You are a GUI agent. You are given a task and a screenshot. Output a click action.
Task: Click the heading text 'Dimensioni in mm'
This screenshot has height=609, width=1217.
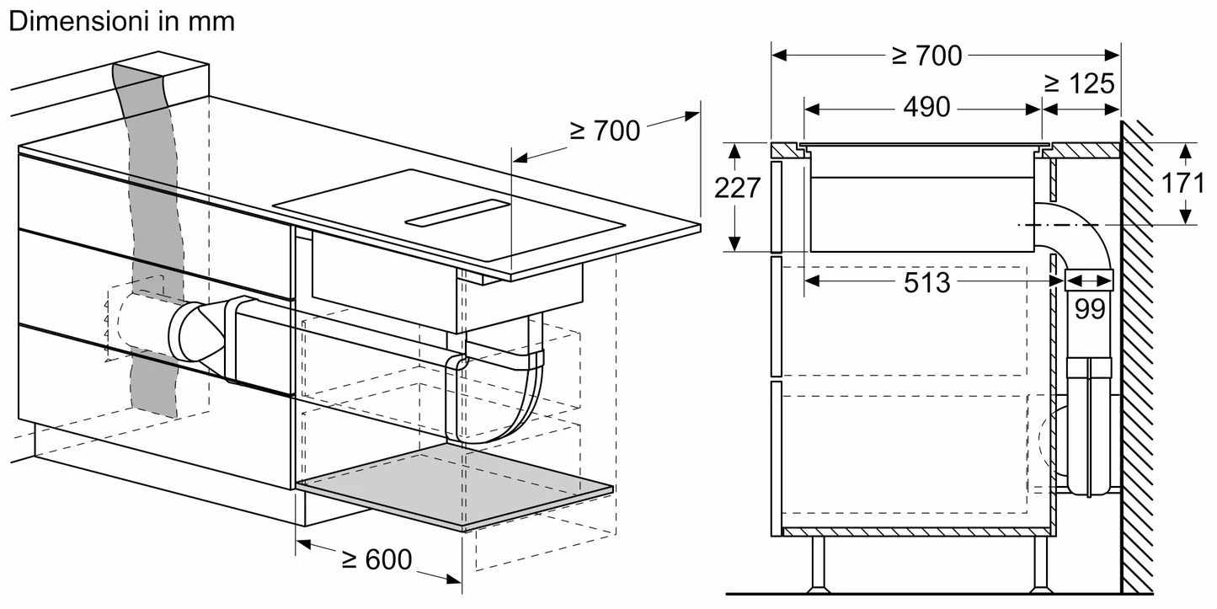(121, 22)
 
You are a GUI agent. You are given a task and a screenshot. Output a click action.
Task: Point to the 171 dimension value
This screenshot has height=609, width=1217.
(1183, 183)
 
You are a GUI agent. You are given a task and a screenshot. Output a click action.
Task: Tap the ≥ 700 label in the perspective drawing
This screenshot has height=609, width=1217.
(604, 130)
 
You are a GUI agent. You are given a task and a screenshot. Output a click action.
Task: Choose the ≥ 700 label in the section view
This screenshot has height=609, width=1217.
(926, 56)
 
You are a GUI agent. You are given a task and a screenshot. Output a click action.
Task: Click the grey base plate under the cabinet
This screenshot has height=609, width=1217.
(455, 486)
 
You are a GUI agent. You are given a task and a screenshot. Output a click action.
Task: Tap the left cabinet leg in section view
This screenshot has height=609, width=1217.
(818, 564)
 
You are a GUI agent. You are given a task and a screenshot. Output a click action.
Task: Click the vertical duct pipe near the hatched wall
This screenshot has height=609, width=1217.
(1090, 430)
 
